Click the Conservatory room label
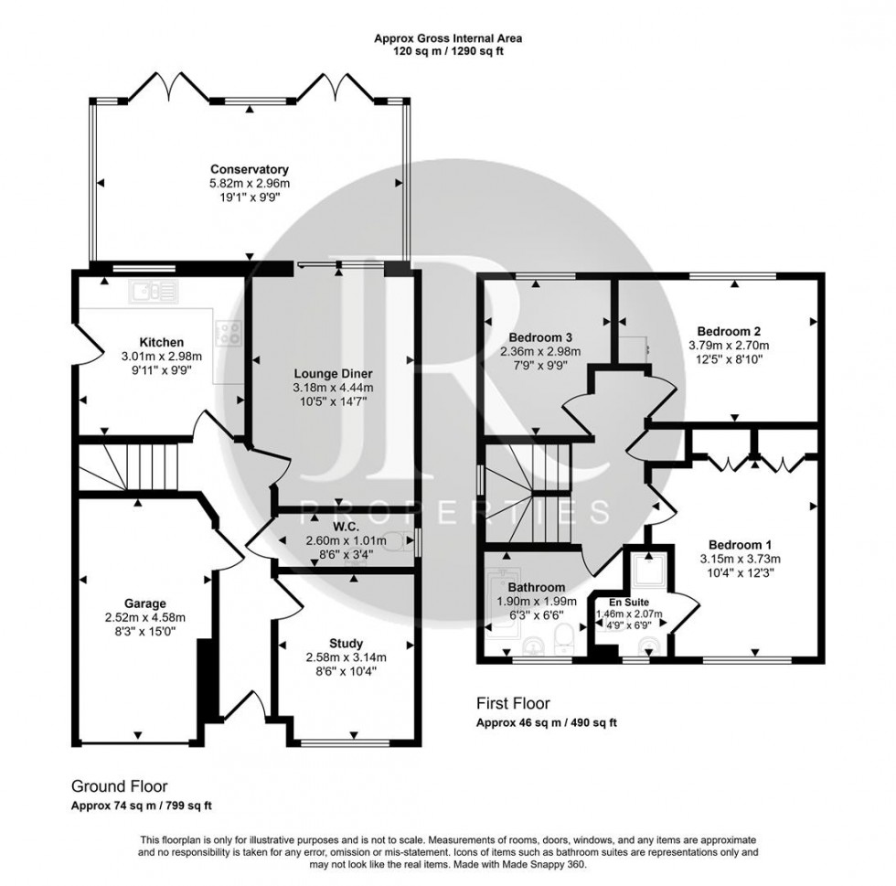coord(250,169)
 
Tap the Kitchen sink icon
coord(154,292)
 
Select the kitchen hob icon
coord(228,331)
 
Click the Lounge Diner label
coord(334,373)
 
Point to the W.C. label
coord(347,527)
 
